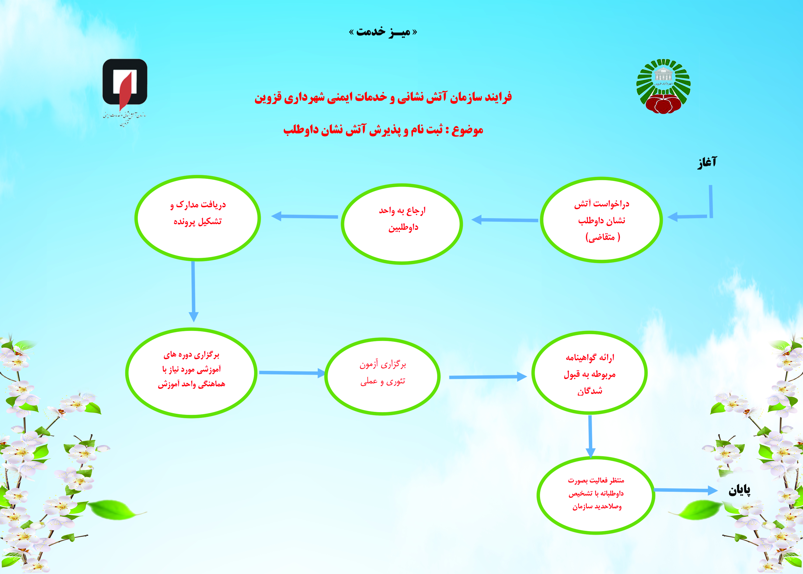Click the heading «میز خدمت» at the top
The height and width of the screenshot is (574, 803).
(383, 32)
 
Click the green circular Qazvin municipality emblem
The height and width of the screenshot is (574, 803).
(663, 86)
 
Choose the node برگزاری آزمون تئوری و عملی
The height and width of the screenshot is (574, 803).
(382, 376)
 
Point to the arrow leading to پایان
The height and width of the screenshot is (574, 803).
(686, 490)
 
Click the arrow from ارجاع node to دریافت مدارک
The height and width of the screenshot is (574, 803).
(304, 216)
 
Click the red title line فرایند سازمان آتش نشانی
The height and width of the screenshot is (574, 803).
(383, 97)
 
